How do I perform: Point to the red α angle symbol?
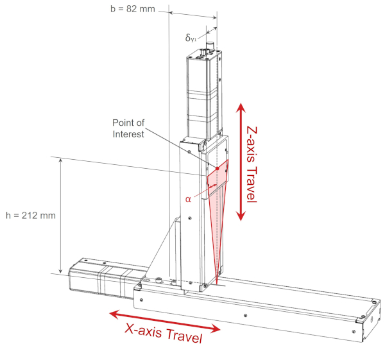click(188, 199)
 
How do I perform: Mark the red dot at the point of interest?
click(218, 169)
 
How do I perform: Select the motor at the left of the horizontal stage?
click(99, 275)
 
